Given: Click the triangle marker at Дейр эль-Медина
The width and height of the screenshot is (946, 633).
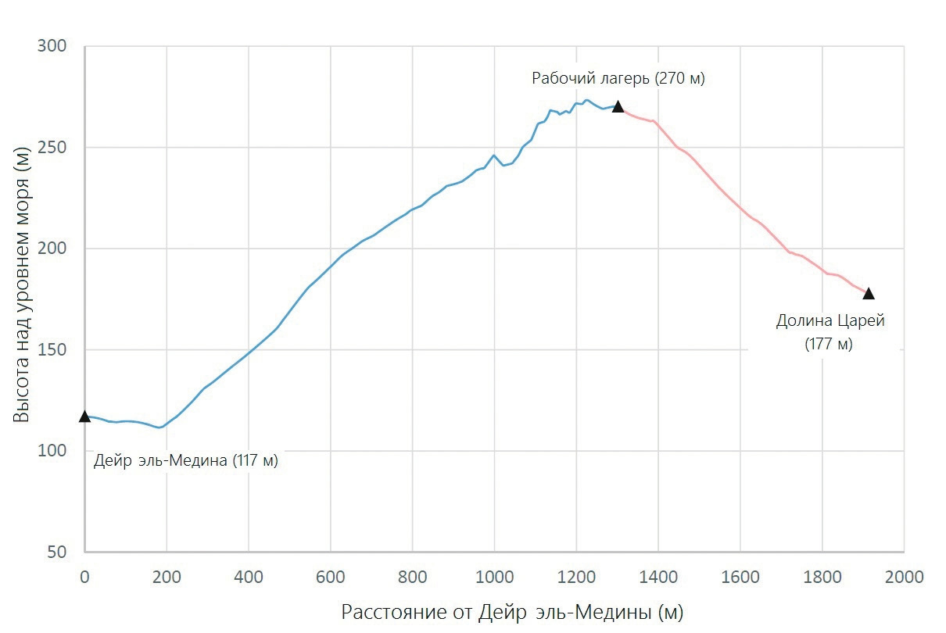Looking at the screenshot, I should coord(84,417).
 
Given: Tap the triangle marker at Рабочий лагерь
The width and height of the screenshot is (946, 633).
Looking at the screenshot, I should coord(618,106).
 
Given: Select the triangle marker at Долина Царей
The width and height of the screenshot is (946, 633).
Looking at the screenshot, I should coord(868,294).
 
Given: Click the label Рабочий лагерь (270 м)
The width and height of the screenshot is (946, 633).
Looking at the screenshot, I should coord(618,78).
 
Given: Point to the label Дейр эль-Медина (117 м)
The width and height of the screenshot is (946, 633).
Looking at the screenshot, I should coord(186,460).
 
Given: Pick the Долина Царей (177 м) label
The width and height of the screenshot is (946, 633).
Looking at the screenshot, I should coord(830,331).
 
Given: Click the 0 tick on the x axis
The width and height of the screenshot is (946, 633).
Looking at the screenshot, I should coord(84,577).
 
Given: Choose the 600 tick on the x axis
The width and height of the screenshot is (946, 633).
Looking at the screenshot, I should coord(330,577).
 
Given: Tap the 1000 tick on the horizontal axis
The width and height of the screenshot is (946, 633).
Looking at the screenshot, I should coord(494,577).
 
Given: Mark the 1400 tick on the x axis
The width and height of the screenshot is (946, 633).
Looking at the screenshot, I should coord(658,577).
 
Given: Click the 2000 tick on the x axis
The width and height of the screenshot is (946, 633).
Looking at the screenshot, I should coord(904,577).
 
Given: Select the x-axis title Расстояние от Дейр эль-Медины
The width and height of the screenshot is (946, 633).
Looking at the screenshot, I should coord(512,612).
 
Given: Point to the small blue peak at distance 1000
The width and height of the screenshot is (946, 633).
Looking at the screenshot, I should coord(493,155).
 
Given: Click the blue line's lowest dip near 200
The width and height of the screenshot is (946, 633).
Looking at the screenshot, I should coord(159,427).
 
